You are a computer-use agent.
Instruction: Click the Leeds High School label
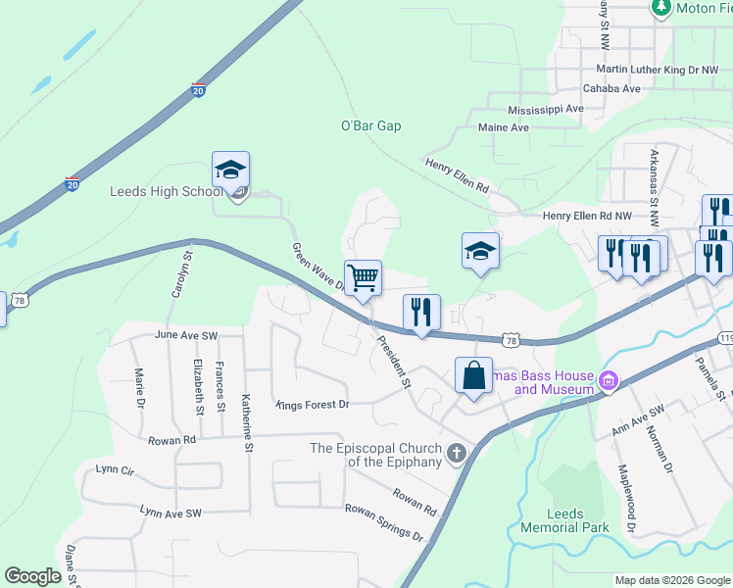(x=167, y=191)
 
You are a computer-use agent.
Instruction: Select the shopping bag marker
(x=473, y=375)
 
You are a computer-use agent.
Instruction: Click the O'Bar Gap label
(x=370, y=126)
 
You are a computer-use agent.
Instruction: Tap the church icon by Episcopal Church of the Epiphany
(x=456, y=453)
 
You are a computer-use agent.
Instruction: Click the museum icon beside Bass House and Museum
(x=608, y=380)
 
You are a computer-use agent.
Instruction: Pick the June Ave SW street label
(x=184, y=335)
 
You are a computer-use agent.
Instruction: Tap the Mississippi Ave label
(x=545, y=110)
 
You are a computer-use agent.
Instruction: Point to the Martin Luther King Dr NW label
(x=658, y=71)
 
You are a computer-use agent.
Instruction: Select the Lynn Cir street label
(x=114, y=470)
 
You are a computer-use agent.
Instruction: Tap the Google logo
(x=32, y=576)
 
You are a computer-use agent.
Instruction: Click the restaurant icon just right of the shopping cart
(x=421, y=313)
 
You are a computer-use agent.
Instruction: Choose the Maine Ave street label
(x=504, y=128)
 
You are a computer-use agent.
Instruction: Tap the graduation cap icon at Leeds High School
(x=231, y=171)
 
